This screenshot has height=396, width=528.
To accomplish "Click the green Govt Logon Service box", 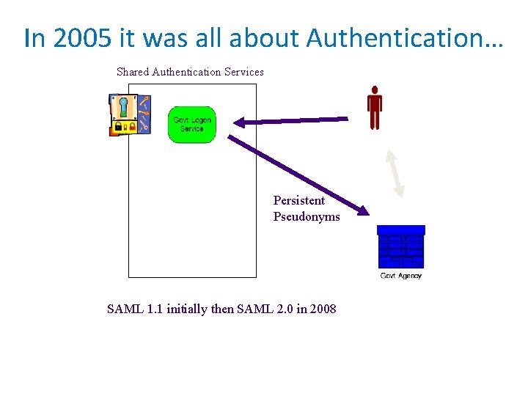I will (192, 124).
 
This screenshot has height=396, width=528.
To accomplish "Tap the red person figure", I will (375, 108).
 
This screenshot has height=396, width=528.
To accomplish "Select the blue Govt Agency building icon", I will (400, 247).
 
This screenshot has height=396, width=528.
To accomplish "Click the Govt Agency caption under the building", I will (401, 276).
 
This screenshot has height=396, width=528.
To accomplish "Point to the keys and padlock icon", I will (129, 114).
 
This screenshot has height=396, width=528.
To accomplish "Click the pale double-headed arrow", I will (395, 173).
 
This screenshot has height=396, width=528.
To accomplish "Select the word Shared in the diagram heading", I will (133, 72).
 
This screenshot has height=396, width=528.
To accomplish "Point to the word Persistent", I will (298, 200).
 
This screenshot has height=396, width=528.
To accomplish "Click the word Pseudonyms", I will (307, 216).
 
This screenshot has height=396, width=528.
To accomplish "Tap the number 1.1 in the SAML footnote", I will (154, 309).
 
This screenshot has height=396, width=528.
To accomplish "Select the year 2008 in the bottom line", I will (323, 309).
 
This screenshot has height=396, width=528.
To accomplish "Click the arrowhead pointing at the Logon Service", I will (240, 122).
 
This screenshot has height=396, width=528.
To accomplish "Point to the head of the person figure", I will (375, 89).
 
